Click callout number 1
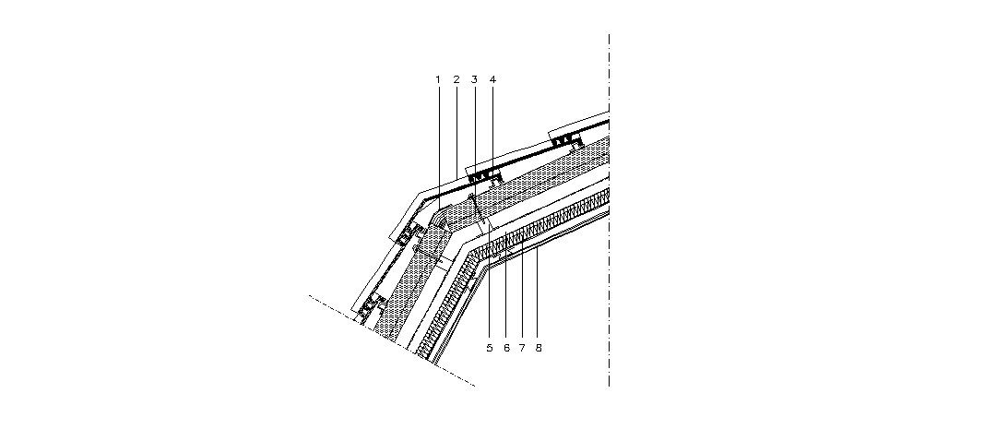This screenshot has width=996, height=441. coord(438,80)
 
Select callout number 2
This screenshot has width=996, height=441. coord(456,80)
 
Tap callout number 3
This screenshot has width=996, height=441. coord(474,80)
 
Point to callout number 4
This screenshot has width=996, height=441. coord(492,80)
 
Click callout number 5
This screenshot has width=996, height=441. coord(489,348)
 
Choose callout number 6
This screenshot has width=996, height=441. coord(506,348)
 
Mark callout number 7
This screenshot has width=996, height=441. coord(522,348)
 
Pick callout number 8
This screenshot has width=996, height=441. coord(539,348)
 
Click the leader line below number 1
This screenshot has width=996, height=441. coord(438,138)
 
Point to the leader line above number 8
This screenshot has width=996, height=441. coord(539,295)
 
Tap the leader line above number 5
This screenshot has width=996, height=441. coord(489,295)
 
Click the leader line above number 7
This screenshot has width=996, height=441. coord(522,295)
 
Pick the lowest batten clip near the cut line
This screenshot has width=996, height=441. coord(371,304)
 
